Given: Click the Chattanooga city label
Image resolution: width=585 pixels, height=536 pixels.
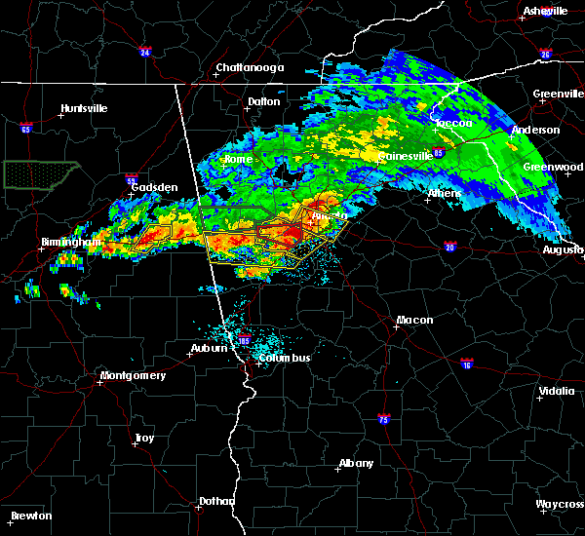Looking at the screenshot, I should pyautogui.click(x=250, y=67).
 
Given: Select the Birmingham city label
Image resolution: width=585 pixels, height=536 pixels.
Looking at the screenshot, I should pyautogui.click(x=72, y=242).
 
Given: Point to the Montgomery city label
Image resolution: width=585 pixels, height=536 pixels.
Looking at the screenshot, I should pyautogui.click(x=134, y=375).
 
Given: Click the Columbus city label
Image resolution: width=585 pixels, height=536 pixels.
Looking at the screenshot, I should pyautogui.click(x=285, y=358).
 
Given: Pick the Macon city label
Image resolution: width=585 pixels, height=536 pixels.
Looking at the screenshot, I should pyautogui.click(x=414, y=320).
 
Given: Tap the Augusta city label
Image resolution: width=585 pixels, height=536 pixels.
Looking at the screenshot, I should pyautogui.click(x=563, y=249).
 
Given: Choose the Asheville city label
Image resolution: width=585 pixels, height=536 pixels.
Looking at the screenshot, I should pyautogui.click(x=545, y=11).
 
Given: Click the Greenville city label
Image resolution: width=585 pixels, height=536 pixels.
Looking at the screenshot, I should pyautogui.click(x=558, y=95).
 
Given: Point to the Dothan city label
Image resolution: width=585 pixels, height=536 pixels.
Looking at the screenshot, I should pyautogui.click(x=216, y=501).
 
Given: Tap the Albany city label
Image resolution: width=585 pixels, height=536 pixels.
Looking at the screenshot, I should pyautogui.click(x=356, y=462).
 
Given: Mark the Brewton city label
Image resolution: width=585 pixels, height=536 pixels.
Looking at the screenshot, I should pyautogui.click(x=32, y=516).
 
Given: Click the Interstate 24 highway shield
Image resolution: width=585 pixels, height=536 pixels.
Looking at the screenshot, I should pyautogui.click(x=144, y=52).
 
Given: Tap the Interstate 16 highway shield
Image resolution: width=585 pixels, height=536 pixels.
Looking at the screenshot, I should pyautogui.click(x=468, y=364).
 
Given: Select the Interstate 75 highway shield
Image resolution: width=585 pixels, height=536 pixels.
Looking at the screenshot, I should pyautogui.click(x=384, y=418).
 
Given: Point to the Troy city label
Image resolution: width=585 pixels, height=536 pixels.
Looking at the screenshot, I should pyautogui.click(x=144, y=439).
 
